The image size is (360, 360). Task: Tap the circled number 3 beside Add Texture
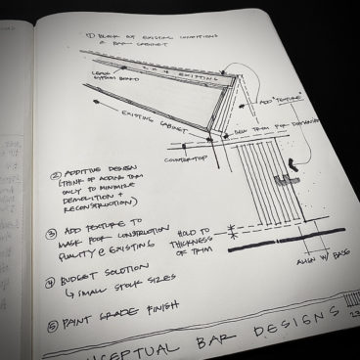pos(50,235)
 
